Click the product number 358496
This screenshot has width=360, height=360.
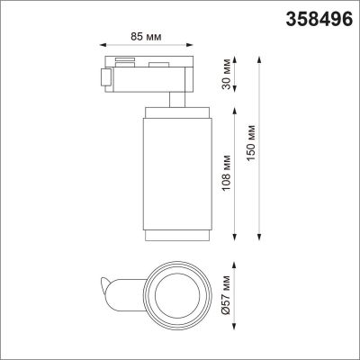pos(319,15)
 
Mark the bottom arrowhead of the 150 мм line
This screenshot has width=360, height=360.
pos(260,246)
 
